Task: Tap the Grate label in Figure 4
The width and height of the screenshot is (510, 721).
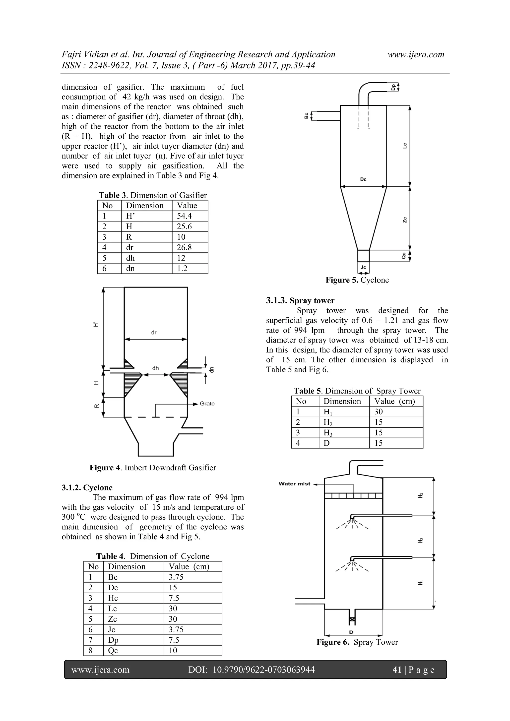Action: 207,403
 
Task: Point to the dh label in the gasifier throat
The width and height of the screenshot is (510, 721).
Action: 156,368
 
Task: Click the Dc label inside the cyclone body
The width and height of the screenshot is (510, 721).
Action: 363,179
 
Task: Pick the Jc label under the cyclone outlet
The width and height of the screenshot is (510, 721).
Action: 363,267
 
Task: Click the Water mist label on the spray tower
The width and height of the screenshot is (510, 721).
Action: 294,484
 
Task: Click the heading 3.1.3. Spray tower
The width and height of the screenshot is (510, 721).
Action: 300,301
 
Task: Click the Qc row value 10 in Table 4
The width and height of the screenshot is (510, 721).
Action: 173,650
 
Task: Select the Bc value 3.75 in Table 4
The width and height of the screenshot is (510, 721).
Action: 176,577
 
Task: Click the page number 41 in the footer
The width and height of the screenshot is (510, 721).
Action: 397,670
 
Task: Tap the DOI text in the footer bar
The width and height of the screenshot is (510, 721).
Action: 251,670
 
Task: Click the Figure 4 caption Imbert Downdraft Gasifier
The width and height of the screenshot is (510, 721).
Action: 153,468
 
